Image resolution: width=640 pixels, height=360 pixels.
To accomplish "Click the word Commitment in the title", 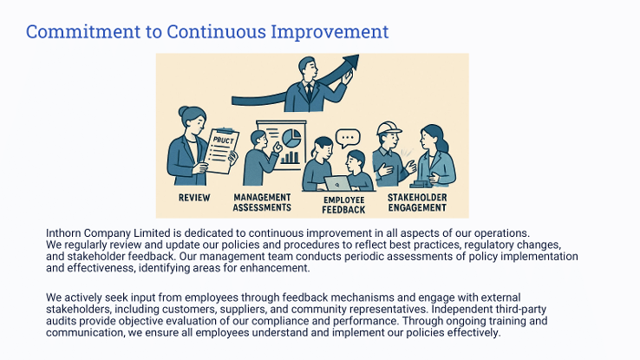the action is [x=83, y=31].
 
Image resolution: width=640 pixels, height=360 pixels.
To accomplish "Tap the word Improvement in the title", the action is [x=330, y=32].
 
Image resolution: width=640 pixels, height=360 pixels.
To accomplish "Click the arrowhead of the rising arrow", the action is [x=351, y=62].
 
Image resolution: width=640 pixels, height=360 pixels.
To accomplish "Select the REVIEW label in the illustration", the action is [x=194, y=198].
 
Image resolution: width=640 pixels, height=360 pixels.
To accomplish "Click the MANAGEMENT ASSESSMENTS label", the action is [x=262, y=202].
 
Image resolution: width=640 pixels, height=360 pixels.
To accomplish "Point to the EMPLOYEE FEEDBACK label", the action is [x=343, y=205].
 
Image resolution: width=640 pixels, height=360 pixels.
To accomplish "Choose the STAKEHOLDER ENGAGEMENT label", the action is [x=417, y=202].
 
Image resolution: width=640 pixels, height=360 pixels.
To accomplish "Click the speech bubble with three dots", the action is [x=348, y=138].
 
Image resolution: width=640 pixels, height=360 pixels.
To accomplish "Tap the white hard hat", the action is [x=389, y=128].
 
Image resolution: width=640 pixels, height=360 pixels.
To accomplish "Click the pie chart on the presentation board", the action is [x=291, y=138].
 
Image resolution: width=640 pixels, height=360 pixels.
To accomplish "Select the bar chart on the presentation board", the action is [x=290, y=157].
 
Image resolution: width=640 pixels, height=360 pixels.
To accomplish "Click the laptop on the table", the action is [x=337, y=184].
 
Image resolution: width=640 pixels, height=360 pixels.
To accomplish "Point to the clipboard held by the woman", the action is [x=221, y=151].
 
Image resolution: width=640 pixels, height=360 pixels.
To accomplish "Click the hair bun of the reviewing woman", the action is [x=183, y=111].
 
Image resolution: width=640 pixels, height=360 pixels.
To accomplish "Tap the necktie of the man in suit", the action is [x=309, y=92].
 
